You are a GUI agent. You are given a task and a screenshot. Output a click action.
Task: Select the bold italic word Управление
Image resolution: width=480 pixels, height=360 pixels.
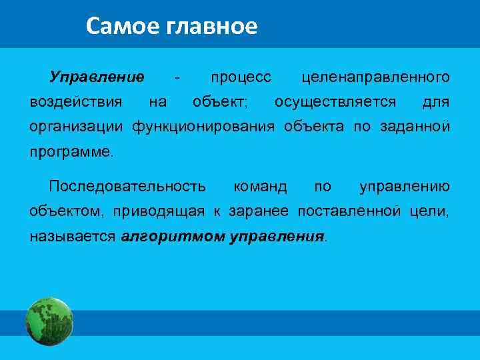pyautogui.click(x=97, y=77)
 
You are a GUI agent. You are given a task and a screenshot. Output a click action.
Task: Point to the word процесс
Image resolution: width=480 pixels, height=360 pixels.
pyautogui.click(x=241, y=77)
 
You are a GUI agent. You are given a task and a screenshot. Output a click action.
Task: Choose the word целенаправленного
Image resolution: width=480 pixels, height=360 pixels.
pyautogui.click(x=375, y=77)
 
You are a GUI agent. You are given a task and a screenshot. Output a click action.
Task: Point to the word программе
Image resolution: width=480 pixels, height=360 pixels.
pyautogui.click(x=71, y=151)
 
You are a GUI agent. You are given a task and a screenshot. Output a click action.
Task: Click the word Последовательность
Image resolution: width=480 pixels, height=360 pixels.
pyautogui.click(x=127, y=186)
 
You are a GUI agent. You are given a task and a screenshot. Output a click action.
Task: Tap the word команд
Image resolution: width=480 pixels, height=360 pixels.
pyautogui.click(x=260, y=186)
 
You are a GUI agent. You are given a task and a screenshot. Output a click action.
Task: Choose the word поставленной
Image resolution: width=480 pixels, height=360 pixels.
pyautogui.click(x=349, y=211)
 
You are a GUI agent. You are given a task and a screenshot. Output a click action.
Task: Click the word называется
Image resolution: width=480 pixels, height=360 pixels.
pyautogui.click(x=73, y=236)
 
